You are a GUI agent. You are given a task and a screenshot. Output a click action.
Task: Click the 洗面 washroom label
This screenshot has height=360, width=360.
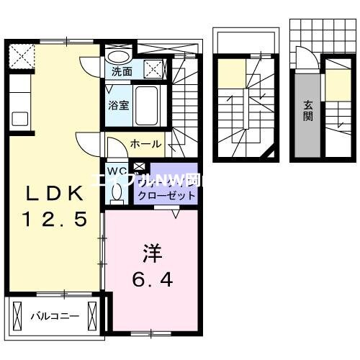(x=122, y=72)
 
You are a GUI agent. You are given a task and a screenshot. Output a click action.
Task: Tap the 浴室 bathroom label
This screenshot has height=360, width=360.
(x=120, y=105)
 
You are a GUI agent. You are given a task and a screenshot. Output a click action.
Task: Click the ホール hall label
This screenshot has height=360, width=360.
(x=145, y=144)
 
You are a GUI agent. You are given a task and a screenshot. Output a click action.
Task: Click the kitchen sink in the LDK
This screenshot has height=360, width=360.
(x=18, y=119)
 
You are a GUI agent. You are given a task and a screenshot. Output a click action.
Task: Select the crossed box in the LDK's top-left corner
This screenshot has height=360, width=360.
(x=20, y=55)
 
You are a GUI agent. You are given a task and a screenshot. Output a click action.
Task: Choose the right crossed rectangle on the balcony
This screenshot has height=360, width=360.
(x=91, y=314)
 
